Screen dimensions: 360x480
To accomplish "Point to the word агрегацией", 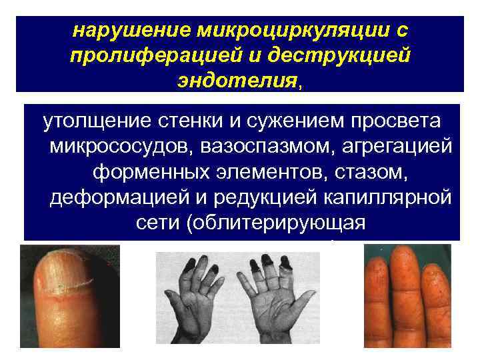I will click(393, 146).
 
